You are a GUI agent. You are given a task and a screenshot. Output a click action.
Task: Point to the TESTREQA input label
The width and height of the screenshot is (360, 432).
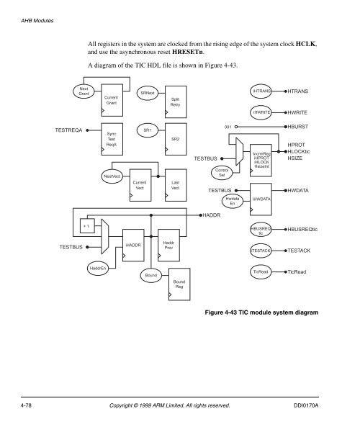coord(68,130)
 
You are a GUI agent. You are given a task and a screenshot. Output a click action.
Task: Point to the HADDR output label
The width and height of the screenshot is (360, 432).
coord(212,215)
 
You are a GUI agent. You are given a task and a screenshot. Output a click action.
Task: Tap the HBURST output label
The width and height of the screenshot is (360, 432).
coord(298,127)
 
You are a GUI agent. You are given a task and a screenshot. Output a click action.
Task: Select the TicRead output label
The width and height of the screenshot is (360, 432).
coord(297,272)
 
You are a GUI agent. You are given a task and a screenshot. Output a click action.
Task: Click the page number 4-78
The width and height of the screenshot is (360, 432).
coord(26,405)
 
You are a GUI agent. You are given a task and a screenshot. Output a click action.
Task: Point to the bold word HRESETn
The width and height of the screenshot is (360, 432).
coord(188,52)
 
